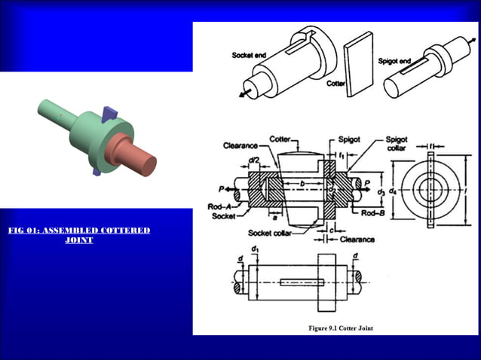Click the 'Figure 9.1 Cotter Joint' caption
pos(341,328)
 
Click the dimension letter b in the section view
pos(302,183)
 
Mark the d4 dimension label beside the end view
pos(392,192)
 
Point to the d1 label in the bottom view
pos(255,249)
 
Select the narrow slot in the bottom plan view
pos(301,283)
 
